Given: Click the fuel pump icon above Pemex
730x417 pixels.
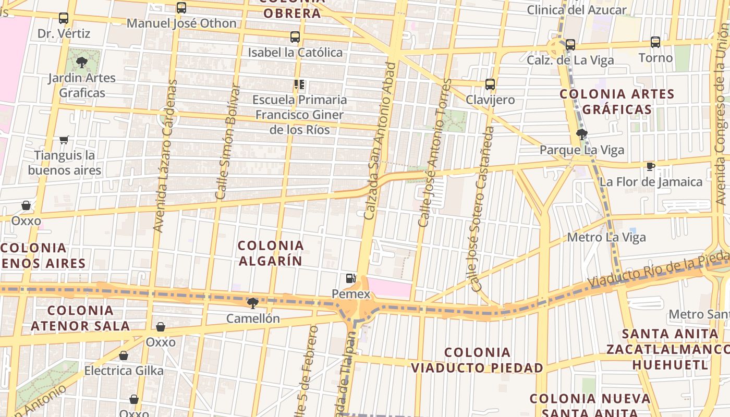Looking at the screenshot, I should tap(351, 279).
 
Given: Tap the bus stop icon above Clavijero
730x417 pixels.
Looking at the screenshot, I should tap(490, 84).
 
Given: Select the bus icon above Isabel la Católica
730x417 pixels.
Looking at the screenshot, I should tap(295, 37).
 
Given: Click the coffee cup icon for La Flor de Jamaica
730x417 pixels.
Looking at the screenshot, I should tap(650, 166).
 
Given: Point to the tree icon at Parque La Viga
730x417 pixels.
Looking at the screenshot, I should tap(582, 134).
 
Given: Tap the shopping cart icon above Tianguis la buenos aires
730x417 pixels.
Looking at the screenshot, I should tap(64, 140).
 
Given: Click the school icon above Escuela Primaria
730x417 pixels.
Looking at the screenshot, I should tap(299, 84).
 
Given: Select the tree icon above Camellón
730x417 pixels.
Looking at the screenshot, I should tap(253, 303).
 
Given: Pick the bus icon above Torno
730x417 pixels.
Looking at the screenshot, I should tap(655, 42).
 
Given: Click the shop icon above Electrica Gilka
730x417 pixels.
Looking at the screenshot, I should tap(124, 355).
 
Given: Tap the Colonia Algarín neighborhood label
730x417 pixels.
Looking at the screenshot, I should tap(271, 253).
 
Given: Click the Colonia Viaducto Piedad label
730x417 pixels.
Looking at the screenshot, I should tap(477, 360).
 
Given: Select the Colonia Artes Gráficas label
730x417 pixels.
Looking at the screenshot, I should tap(617, 102).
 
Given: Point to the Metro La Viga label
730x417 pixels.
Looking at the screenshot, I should tap(606, 238).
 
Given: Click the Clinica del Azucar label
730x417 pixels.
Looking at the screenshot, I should tap(577, 10).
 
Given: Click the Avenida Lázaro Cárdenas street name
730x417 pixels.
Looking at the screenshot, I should tap(163, 155).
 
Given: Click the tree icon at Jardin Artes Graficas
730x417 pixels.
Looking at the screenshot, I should tap(81, 63).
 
